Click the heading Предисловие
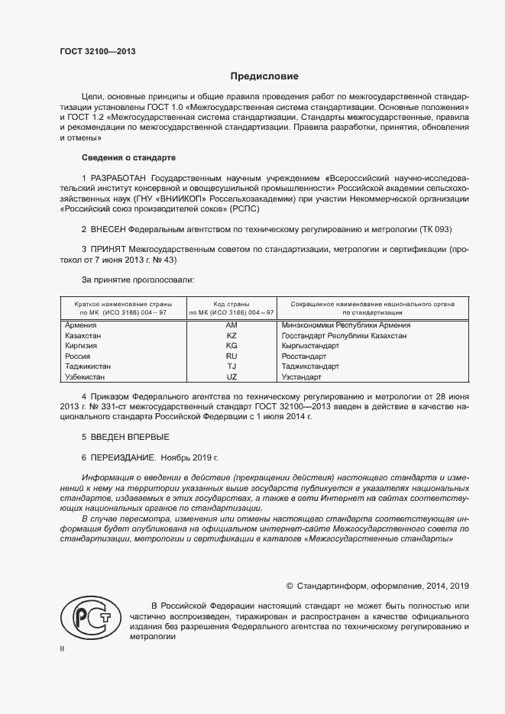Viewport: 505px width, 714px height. point(265,76)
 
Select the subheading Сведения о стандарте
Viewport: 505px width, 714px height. point(128,157)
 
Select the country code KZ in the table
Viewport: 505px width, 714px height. point(232,335)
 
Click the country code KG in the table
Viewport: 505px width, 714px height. point(232,346)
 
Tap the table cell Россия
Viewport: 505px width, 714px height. point(78,357)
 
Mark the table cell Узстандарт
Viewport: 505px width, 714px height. point(302,377)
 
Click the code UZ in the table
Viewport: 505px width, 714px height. point(232,377)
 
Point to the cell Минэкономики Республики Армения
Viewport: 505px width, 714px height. point(340,325)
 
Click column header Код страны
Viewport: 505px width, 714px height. point(232,304)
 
